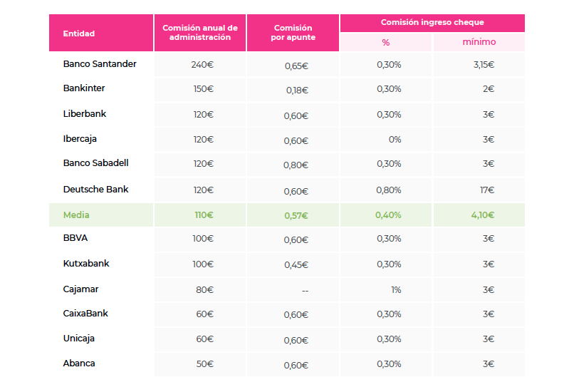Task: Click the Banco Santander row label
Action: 100,64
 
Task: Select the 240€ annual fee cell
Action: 202,65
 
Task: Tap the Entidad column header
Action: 79,33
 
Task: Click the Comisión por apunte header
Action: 293,33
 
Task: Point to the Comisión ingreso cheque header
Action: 432,23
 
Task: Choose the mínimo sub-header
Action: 479,42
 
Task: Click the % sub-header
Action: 385,42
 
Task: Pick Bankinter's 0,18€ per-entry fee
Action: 296,91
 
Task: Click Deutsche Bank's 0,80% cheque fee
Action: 389,190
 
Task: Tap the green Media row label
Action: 76,215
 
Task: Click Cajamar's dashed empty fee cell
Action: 304,290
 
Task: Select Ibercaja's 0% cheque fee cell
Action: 395,140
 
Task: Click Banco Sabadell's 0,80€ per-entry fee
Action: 296,165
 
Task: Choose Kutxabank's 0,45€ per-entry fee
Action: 296,265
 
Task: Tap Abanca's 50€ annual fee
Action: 204,364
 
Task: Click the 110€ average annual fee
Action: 204,215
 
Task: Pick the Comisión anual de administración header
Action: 200,33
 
